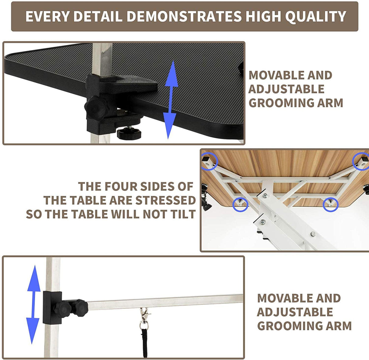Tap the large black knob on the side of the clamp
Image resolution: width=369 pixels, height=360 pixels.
coord(95,107)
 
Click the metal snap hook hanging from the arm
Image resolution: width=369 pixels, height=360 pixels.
coord(144,316)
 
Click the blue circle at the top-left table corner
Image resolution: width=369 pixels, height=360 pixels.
coord(209,161)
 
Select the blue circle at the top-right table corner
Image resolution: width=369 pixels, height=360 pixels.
coord(361,162)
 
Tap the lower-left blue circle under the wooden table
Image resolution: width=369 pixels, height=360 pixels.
coord(240,204)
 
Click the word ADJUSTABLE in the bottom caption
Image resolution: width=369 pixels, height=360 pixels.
coord(295,312)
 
